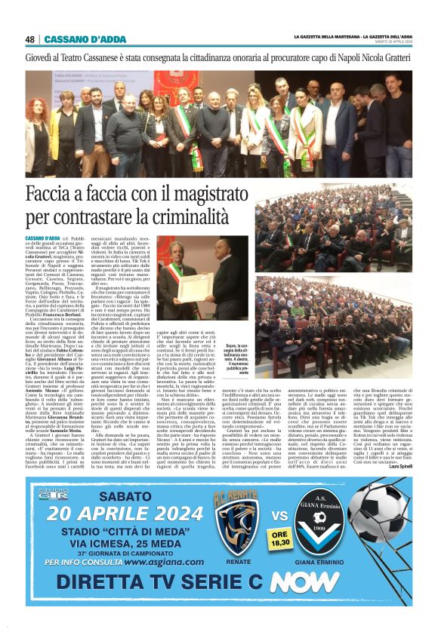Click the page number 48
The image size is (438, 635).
point(30,38)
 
